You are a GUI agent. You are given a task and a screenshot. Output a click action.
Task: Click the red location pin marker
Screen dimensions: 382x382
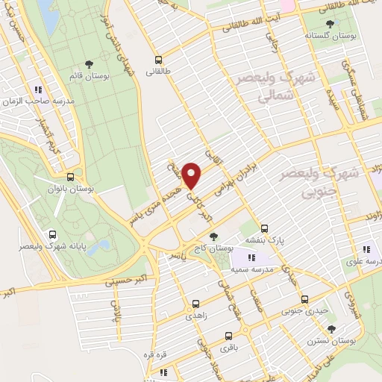click(192, 175)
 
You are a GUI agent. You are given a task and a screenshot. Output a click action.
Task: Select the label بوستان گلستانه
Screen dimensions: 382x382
click(330, 35)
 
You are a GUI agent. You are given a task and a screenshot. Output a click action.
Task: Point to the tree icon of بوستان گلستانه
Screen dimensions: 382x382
click(330, 24)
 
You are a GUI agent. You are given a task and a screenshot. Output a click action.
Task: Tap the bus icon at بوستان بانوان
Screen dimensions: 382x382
click(70, 178)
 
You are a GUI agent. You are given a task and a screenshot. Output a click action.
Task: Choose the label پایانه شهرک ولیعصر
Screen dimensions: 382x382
click(51, 245)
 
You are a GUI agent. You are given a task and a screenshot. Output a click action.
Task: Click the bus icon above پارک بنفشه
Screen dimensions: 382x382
click(265, 228)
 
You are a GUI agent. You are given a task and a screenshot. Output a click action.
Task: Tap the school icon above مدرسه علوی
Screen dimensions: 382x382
click(366, 249)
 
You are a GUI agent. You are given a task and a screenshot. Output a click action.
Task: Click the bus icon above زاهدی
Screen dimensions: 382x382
click(195, 304)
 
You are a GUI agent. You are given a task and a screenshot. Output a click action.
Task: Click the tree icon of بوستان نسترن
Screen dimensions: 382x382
click(331, 328)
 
